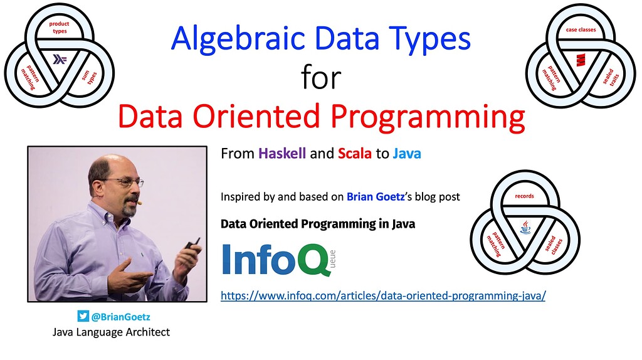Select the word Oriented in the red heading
256,116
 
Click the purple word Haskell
282,154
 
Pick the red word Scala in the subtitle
355,154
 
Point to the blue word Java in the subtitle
407,154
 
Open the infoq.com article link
383,295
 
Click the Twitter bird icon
83,316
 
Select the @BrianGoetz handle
121,317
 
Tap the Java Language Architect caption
111,332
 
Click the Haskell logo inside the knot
60,60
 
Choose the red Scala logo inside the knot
581,60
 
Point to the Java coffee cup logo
525,226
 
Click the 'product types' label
60,27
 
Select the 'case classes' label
581,29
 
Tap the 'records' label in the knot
525,196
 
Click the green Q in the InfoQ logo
314,260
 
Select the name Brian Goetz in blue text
376,197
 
